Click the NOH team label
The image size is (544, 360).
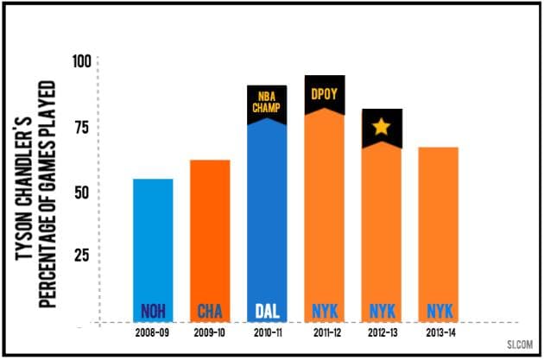tap(153, 311)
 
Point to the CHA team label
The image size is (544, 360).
tap(210, 311)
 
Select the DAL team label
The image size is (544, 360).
tap(267, 311)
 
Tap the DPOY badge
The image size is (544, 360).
tap(324, 92)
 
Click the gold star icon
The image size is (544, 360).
tap(381, 128)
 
